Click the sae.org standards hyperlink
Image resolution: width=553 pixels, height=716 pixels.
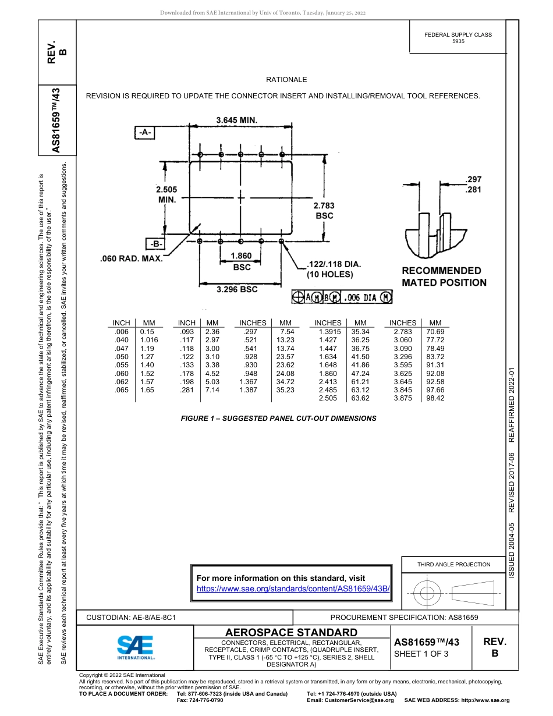[293, 589]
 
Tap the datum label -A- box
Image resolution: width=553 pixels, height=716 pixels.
[145, 132]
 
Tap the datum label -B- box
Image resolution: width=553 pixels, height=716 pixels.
[155, 243]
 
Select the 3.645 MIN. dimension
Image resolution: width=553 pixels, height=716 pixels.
[237, 120]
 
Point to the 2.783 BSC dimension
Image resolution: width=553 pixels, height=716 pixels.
[324, 210]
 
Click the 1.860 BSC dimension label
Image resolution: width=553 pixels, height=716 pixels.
[242, 261]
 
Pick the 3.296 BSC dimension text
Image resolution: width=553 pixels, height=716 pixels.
[237, 289]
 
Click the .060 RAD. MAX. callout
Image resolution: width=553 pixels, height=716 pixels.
[132, 258]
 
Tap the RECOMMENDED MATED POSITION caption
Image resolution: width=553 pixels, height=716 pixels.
[444, 277]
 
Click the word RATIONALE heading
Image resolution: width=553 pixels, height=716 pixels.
[286, 79]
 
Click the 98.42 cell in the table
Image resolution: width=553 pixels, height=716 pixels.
[435, 398]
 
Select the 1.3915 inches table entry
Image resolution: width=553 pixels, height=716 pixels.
[329, 331]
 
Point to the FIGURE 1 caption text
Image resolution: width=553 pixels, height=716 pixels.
[278, 418]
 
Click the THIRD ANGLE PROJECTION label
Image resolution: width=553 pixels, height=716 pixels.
[453, 564]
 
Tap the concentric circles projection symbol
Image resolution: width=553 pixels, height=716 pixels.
[428, 593]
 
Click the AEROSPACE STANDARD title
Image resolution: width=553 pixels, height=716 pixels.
[291, 632]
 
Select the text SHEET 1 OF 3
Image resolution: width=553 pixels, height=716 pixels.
[421, 653]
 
